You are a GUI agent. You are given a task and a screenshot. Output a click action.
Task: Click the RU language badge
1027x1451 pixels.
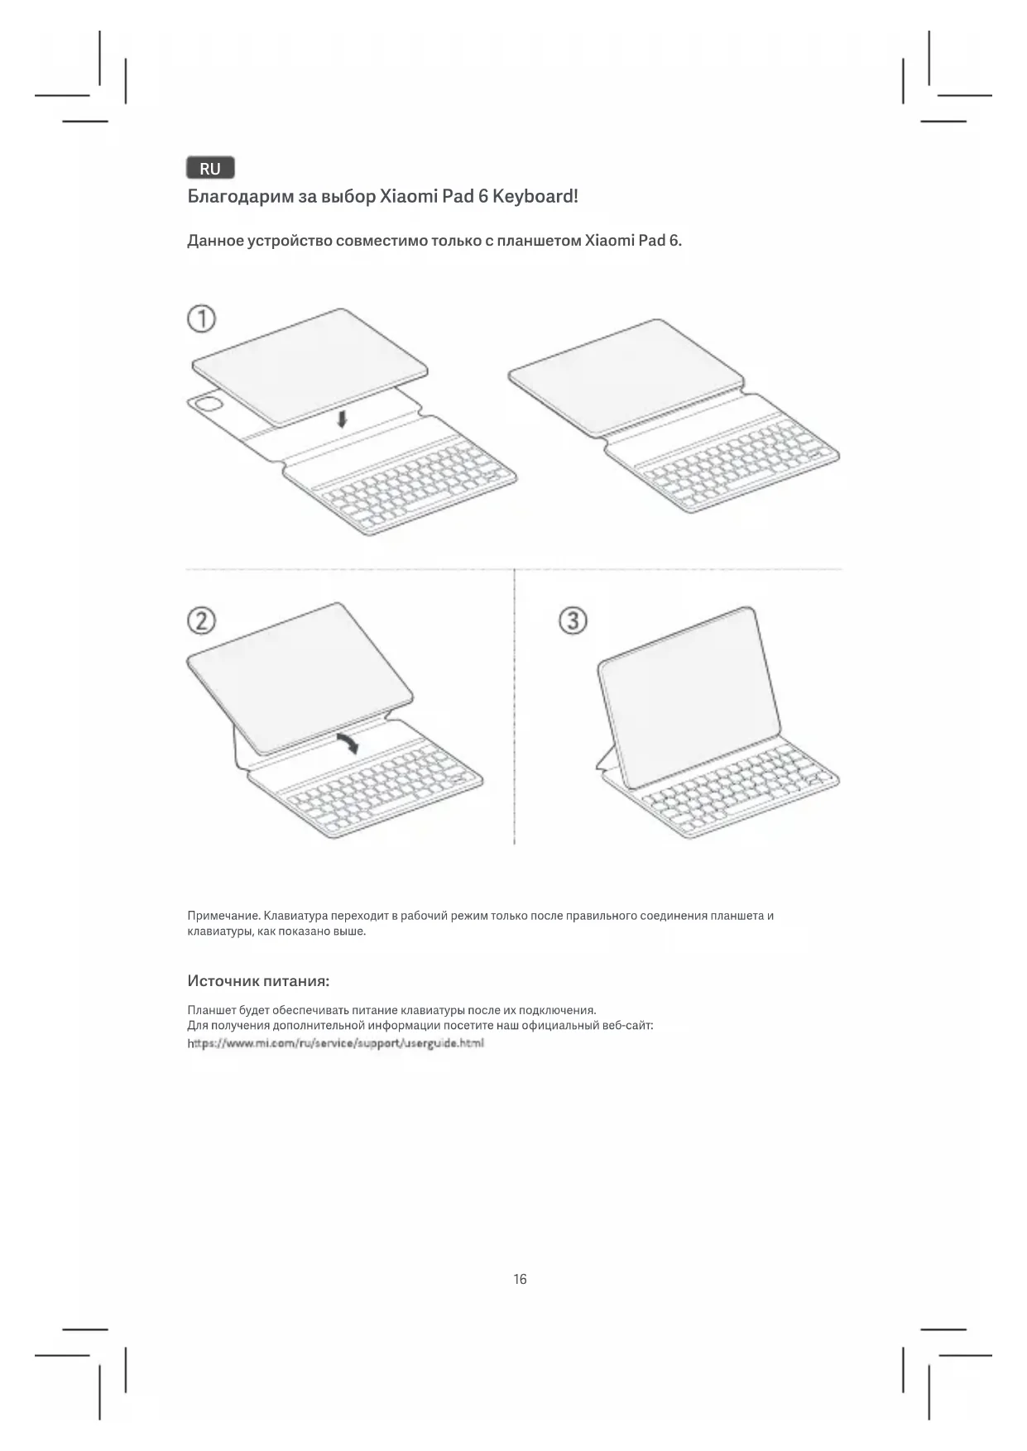click(x=210, y=169)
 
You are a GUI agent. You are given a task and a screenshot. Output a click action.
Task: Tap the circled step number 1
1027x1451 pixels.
click(x=201, y=318)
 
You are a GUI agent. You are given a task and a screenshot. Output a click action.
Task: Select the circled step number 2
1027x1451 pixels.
click(x=201, y=620)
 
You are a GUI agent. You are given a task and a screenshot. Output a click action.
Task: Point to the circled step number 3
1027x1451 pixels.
click(x=573, y=620)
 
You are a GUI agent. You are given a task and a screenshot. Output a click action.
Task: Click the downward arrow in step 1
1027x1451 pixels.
click(x=342, y=419)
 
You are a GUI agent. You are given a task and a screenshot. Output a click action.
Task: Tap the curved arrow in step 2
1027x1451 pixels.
click(x=348, y=741)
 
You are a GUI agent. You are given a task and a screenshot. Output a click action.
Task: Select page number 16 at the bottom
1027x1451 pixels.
click(x=520, y=1279)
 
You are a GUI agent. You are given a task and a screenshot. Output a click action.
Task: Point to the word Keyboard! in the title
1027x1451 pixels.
click(x=535, y=197)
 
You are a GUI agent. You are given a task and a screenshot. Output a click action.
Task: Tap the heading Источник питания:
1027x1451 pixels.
click(x=258, y=981)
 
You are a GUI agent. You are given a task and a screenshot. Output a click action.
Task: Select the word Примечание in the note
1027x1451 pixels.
click(x=223, y=916)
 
